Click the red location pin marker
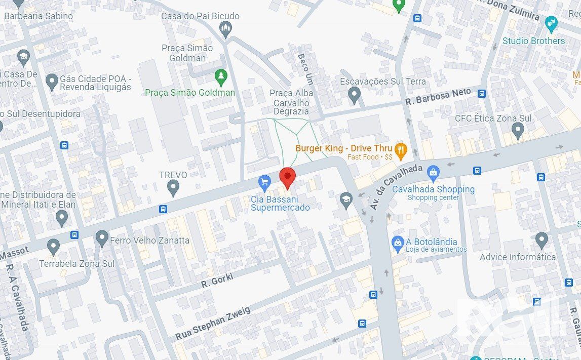coord(288,177)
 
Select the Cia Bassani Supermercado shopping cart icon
coord(264,182)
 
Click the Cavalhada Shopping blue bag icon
coord(433,174)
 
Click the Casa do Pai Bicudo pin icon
coord(226,29)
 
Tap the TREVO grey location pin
coord(173,187)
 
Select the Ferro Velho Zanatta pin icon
coord(102,238)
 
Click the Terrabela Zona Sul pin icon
coord(53,247)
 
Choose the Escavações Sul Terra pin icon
coord(355,94)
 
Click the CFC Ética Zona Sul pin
coord(517,131)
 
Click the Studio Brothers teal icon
coord(551,23)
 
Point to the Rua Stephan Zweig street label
coord(213,323)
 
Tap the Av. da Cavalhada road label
coord(397,186)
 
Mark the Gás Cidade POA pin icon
coord(52,81)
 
